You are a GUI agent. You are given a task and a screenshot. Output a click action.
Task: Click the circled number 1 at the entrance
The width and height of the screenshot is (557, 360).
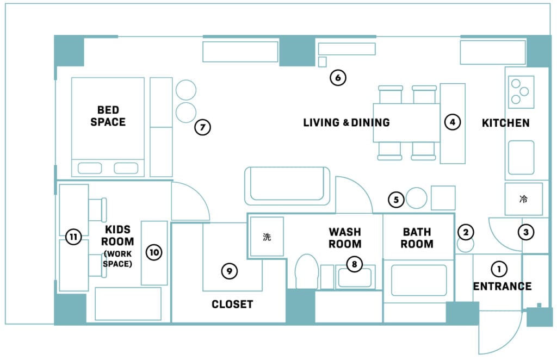[499, 269]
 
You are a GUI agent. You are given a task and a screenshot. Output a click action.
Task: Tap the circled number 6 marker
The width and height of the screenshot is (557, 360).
[338, 77]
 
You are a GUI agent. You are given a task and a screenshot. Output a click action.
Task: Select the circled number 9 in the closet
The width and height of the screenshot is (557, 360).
[229, 271]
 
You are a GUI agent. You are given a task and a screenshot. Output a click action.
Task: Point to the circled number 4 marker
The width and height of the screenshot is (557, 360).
[452, 122]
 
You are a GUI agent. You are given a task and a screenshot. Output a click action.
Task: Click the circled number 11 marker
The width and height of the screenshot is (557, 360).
[73, 237]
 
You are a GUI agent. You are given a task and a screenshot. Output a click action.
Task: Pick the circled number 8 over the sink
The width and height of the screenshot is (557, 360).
[354, 264]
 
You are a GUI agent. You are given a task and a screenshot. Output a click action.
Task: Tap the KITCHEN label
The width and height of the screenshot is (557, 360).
[505, 123]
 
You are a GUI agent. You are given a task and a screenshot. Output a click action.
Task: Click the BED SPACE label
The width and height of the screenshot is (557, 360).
[108, 116]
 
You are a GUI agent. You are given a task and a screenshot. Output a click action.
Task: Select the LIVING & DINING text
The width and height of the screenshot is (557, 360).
[346, 122]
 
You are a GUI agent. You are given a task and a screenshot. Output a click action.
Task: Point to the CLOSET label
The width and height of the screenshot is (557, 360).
[232, 305]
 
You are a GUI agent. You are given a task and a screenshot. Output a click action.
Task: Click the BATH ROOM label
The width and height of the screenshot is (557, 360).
[417, 238]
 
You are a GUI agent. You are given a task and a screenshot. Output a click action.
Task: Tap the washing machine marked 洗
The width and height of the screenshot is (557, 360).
[267, 237]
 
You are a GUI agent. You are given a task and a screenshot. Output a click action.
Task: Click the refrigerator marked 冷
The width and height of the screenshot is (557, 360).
[524, 199]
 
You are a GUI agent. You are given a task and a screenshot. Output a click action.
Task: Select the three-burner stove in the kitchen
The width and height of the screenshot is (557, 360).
[521, 92]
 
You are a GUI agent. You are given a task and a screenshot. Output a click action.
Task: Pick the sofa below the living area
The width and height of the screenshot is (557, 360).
[287, 186]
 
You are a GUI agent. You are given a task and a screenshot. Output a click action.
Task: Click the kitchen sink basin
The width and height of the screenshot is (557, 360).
[521, 157]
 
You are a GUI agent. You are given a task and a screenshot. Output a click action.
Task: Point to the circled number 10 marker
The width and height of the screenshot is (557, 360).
[154, 252]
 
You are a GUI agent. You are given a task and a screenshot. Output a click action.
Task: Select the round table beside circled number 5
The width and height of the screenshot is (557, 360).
[416, 198]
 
